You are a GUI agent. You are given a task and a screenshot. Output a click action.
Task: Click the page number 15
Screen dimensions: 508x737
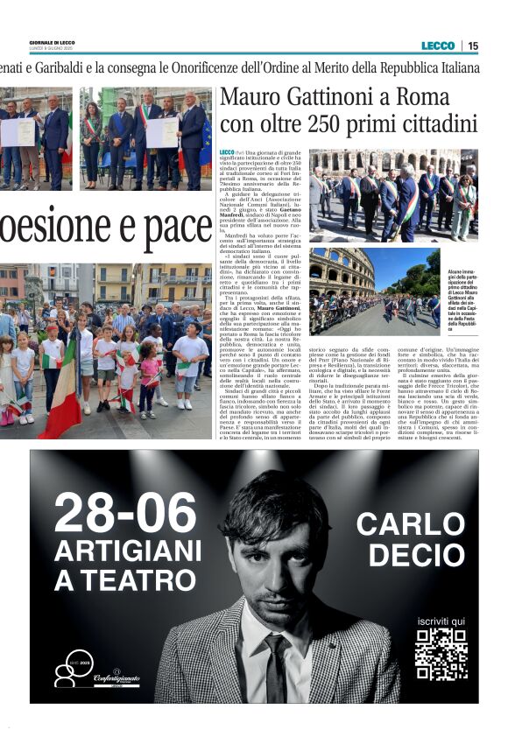(x=473, y=46)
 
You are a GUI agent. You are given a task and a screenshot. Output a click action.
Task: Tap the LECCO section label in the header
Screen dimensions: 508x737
(x=438, y=46)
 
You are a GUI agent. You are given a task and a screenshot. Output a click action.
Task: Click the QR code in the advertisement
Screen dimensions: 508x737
(x=441, y=655)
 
